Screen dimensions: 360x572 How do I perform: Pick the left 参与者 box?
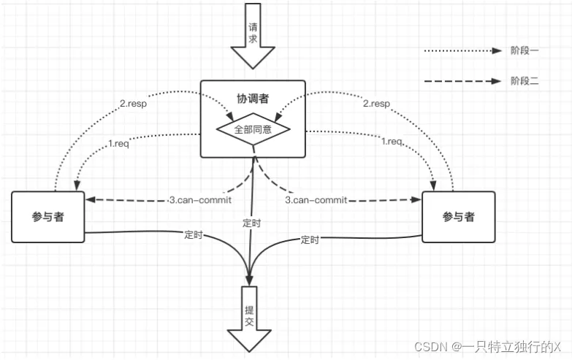(47, 217)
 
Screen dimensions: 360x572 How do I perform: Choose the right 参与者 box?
(458, 217)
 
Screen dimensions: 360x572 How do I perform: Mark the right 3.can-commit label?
(316, 199)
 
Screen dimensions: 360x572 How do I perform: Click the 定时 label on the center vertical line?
(251, 223)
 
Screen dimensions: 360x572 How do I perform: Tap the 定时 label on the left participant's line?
(194, 235)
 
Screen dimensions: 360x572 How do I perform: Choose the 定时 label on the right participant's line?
(310, 240)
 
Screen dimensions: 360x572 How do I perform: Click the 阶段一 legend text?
(525, 51)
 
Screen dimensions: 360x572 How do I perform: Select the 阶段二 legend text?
(525, 81)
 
